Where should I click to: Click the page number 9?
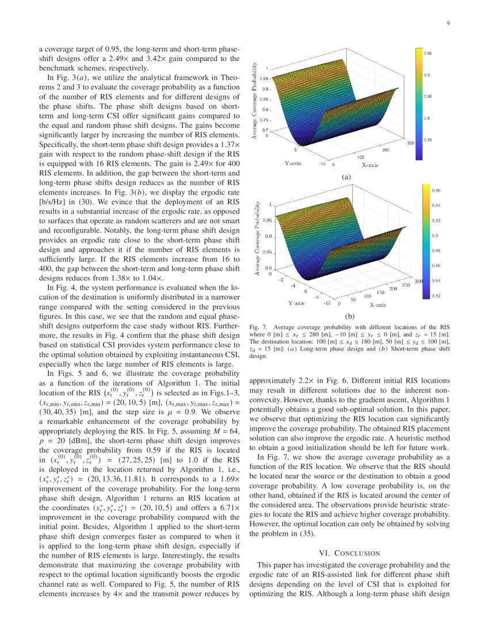pyautogui.click(x=447, y=24)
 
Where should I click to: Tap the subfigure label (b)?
pyautogui.click(x=350, y=316)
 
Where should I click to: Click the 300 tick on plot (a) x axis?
pyautogui.click(x=410, y=142)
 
